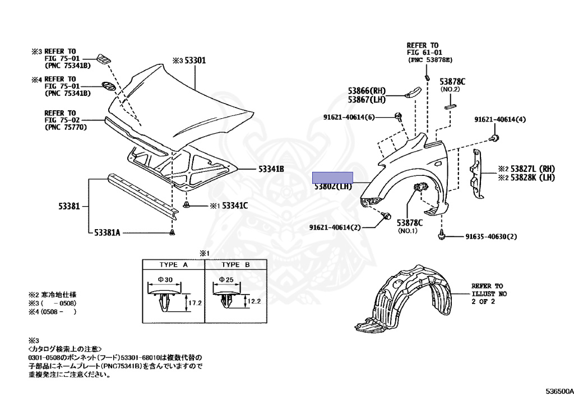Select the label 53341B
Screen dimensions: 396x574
(x=271, y=169)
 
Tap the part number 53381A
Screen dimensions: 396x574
(x=107, y=231)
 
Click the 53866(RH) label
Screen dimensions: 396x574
(x=367, y=91)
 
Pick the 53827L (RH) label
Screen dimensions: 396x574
(x=532, y=169)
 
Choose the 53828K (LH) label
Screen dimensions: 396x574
(x=532, y=178)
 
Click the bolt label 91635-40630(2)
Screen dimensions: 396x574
(x=487, y=237)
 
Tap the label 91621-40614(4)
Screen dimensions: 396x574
(x=500, y=119)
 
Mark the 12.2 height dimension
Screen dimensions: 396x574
(x=256, y=301)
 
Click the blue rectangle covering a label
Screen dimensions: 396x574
(x=333, y=177)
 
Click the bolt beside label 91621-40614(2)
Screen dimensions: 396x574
(x=386, y=216)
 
